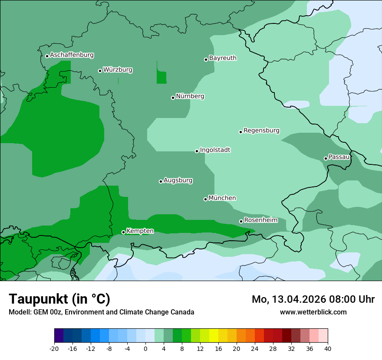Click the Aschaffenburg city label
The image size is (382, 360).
(72, 55)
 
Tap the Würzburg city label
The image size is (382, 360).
(118, 70)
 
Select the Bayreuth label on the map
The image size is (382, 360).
(223, 58)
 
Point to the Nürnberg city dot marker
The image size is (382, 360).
(173, 98)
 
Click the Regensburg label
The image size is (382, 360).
(261, 131)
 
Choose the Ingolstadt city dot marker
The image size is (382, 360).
(197, 151)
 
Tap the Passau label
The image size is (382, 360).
(339, 157)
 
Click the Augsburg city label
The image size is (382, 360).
(178, 180)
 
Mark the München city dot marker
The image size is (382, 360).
(205, 199)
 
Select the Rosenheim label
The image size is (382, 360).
(260, 220)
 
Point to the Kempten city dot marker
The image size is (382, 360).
(123, 232)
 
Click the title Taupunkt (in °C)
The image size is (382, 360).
(59, 299)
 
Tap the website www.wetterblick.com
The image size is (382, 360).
(313, 312)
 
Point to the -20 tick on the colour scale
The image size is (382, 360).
(54, 348)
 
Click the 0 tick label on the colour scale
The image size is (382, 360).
(145, 348)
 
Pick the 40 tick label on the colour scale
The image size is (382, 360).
(328, 348)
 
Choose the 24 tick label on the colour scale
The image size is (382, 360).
(255, 348)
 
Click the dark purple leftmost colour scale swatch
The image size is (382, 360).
(59, 336)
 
